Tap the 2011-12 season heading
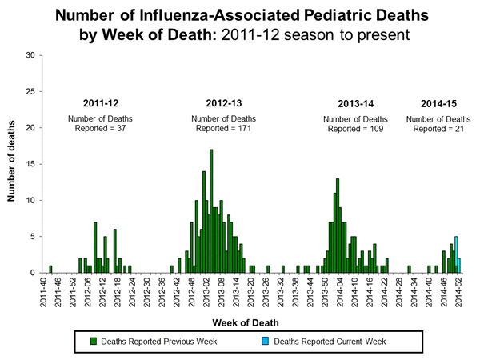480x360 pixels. [x=104, y=102]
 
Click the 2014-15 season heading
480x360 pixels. [x=438, y=102]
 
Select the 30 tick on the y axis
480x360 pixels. [x=30, y=55]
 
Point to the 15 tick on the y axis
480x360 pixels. [x=30, y=164]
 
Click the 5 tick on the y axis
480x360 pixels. [x=33, y=236]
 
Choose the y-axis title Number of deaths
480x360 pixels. [x=13, y=164]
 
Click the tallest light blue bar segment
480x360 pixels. [x=456, y=242]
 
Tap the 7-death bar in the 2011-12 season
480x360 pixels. [x=95, y=247]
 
